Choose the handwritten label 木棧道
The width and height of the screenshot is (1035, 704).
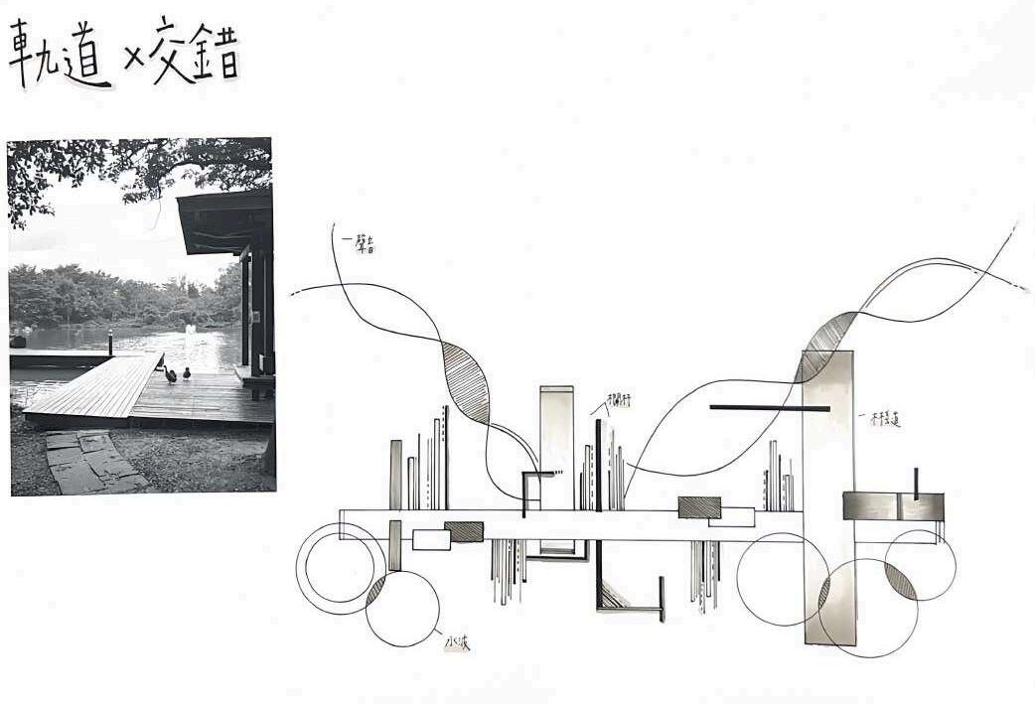[882, 419]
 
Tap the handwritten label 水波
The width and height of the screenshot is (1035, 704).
[457, 643]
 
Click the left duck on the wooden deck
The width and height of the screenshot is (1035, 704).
[170, 375]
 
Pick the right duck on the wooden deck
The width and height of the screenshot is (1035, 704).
[186, 374]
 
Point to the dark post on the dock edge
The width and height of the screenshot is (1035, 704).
[110, 342]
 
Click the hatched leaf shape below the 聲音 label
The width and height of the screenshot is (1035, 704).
[467, 382]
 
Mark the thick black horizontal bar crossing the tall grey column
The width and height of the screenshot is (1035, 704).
[769, 408]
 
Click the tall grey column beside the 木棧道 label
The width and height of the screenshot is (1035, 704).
[828, 496]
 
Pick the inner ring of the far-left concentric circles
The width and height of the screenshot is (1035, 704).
[339, 565]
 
